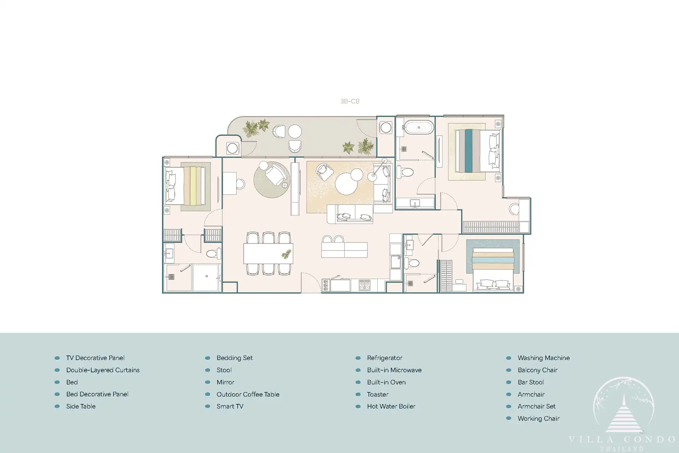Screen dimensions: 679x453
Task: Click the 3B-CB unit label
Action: (x=350, y=101)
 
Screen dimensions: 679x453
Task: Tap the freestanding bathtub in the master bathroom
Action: (x=419, y=127)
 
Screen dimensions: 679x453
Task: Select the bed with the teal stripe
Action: (x=477, y=151)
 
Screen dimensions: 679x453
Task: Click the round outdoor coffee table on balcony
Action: (x=295, y=131)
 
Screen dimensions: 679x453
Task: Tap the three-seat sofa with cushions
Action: (x=350, y=214)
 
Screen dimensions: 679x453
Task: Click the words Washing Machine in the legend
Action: (x=544, y=358)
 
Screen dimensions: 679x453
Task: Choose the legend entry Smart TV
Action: (x=230, y=406)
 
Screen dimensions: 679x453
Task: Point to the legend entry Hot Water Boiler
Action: (x=391, y=406)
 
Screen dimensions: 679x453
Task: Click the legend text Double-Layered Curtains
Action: (x=103, y=370)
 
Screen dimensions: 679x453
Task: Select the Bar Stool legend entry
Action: (x=531, y=382)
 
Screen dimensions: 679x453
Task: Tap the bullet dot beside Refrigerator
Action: (x=358, y=358)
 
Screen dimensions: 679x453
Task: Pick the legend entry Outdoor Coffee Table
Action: (x=248, y=394)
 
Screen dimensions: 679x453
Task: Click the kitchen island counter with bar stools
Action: (x=344, y=250)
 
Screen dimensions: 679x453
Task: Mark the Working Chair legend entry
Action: (x=539, y=419)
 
